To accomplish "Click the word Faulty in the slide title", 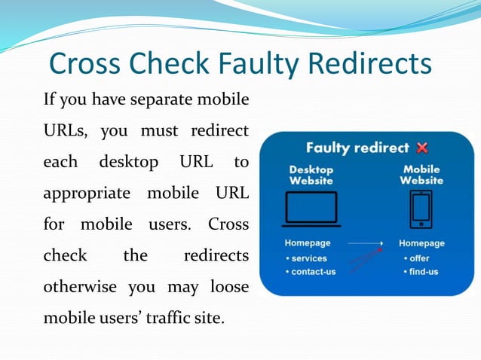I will [x=249, y=63].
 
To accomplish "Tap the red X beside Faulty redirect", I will [x=421, y=148].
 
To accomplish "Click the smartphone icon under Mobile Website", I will [x=421, y=209].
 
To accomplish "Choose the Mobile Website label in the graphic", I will [x=421, y=175].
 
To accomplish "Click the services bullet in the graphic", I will [x=308, y=258].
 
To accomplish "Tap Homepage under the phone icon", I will [x=421, y=243].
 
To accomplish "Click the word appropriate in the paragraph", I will [x=83, y=193].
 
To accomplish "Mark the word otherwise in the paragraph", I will [x=78, y=286].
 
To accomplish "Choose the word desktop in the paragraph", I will [x=128, y=162].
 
